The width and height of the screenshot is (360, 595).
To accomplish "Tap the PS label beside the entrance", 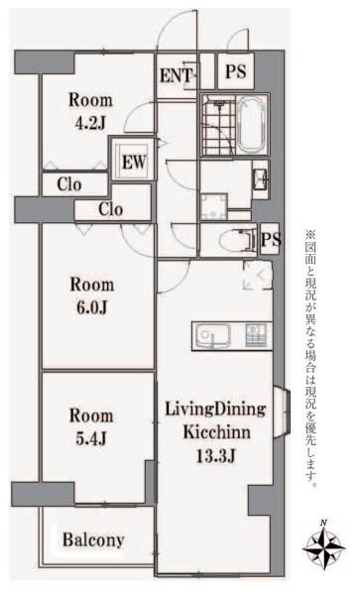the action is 236,71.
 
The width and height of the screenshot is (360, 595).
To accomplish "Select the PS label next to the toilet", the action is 271,239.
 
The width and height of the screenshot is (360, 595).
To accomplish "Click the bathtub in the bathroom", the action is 252,125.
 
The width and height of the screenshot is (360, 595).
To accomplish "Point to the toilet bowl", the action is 234,239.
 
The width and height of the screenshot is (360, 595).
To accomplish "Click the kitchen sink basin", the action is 212,336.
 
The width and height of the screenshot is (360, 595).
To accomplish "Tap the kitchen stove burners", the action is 256,335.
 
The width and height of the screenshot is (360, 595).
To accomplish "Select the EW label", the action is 134,162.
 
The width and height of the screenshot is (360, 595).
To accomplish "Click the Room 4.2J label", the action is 90,111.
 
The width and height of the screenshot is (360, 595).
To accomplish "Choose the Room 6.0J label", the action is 92,296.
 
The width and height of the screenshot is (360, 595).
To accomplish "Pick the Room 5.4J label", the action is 91,426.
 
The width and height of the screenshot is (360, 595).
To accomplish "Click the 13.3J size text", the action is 215,456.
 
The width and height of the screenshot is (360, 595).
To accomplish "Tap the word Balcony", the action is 93,539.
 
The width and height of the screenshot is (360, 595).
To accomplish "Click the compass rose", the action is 323,546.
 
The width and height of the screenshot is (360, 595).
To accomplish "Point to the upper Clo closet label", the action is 69,184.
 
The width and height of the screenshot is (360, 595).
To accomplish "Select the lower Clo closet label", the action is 110,209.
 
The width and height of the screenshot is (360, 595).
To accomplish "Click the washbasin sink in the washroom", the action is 261,178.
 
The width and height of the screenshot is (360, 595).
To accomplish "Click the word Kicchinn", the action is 216,432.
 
